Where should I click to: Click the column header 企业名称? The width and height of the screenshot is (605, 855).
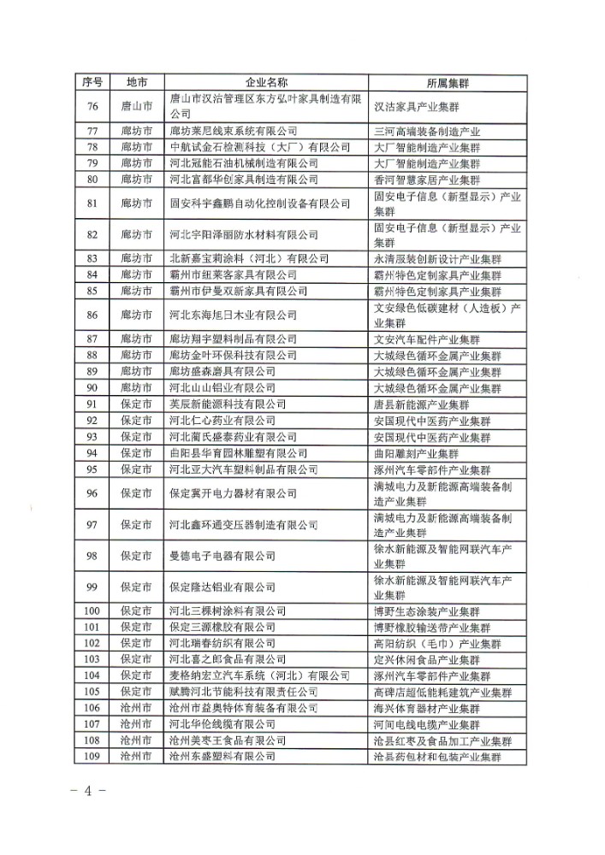(x=267, y=82)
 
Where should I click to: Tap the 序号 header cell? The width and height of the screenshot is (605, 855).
(x=92, y=82)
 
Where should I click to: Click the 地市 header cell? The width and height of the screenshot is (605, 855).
(x=136, y=82)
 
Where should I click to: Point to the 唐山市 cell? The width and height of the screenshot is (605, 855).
(x=136, y=107)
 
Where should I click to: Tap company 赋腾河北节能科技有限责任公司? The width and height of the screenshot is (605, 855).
(x=244, y=692)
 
